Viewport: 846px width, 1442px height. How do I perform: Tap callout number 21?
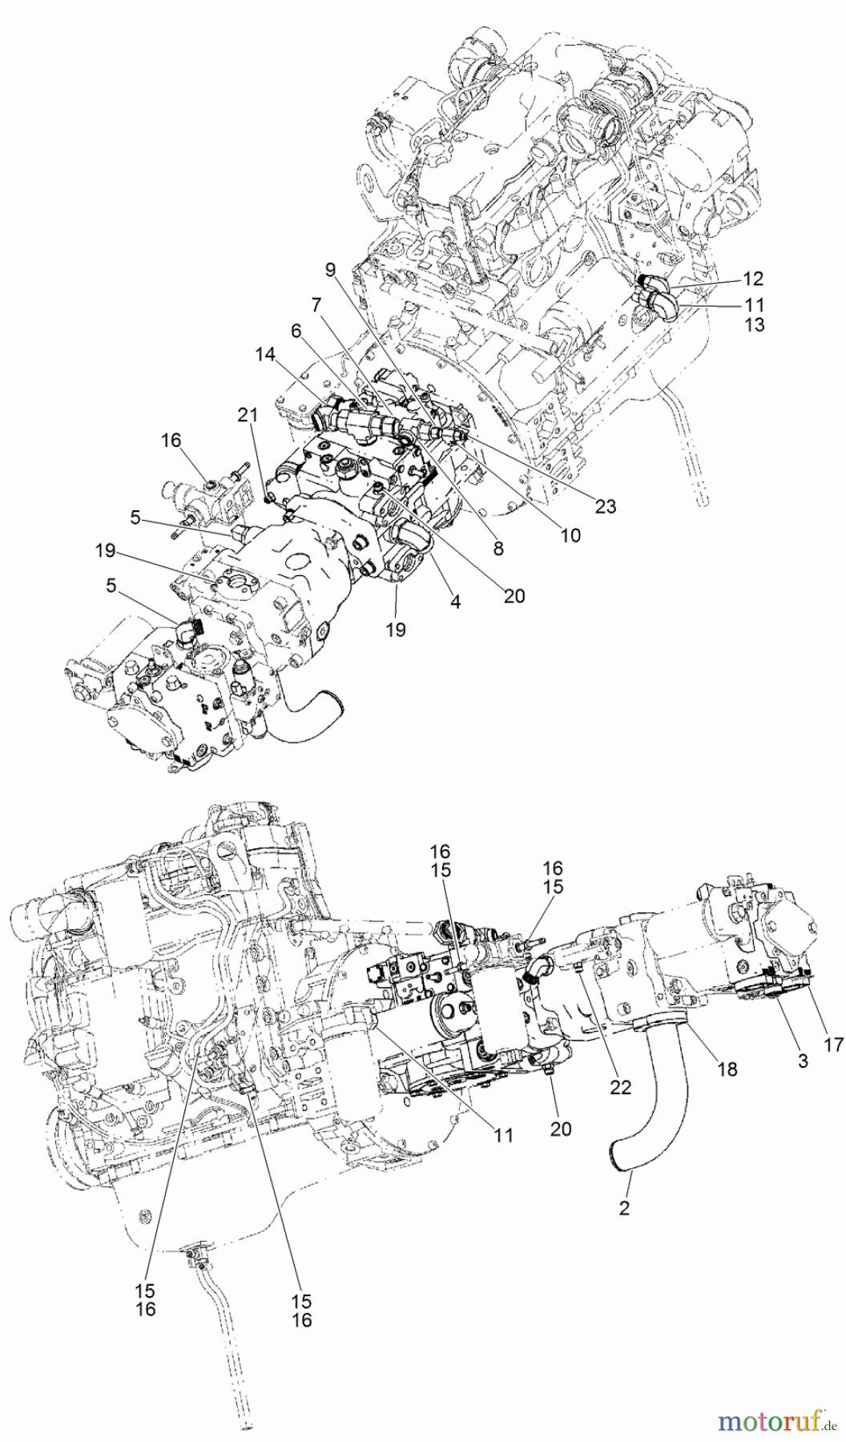(248, 414)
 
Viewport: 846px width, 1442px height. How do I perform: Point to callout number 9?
(330, 271)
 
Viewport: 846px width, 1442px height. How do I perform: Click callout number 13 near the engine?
(754, 324)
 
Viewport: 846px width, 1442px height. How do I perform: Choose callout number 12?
(754, 279)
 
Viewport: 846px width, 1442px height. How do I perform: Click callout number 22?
(620, 1087)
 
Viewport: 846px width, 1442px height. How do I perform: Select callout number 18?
(727, 1069)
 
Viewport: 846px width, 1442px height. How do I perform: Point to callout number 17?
(833, 1044)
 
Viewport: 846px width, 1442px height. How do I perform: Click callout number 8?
(498, 549)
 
